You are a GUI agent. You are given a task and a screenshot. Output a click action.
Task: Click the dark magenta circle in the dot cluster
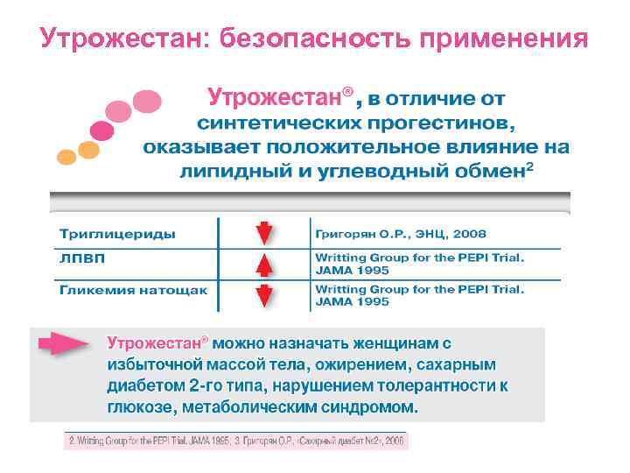click(x=101, y=132)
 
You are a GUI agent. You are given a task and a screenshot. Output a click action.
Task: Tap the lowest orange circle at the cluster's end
click(x=66, y=157)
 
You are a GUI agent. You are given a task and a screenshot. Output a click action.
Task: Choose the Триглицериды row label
click(x=117, y=234)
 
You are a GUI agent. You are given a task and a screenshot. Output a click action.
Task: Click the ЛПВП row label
click(x=78, y=260)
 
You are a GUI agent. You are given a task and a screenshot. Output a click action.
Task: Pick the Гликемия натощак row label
click(x=133, y=290)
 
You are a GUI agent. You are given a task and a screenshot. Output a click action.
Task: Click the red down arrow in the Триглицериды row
click(x=264, y=234)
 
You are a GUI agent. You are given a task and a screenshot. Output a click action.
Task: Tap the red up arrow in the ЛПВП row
click(x=264, y=265)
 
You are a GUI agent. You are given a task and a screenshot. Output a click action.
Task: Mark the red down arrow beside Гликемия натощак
click(x=264, y=295)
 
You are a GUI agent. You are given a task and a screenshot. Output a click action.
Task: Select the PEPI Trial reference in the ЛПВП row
click(x=419, y=265)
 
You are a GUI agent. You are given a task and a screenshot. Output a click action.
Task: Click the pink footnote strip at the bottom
click(x=235, y=441)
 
